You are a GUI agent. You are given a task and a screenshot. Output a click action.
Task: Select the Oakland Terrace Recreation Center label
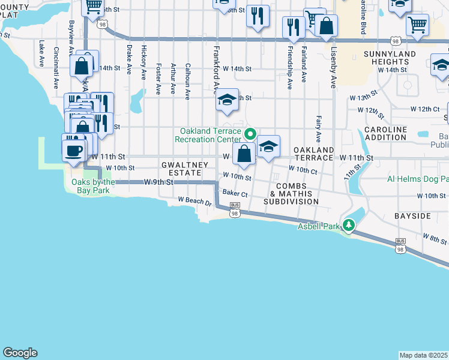coord(207,135)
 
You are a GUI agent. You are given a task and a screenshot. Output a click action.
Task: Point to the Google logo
coord(20,353)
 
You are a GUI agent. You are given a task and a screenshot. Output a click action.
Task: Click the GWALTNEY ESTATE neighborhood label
coord(184,169)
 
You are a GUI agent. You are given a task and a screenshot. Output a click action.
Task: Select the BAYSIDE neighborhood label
coord(412,215)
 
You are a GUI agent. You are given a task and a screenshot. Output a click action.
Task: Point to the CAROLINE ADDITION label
coord(385,133)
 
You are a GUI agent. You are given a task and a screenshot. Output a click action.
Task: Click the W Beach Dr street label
coord(196,201)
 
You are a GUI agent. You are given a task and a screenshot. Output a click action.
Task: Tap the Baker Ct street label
coord(235,194)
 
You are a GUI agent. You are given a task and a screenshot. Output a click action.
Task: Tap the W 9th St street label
coord(158,181)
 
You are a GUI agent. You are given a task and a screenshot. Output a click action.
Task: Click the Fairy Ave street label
coord(319,130)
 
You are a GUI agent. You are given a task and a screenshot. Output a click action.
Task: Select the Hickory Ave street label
coord(143,62)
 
